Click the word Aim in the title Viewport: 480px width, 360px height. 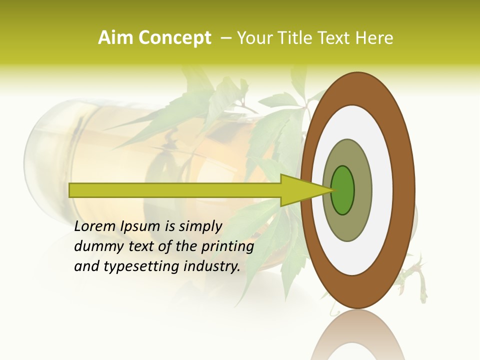click(x=115, y=38)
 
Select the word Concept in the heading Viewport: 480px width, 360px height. click(x=174, y=38)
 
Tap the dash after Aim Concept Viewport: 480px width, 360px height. click(x=225, y=38)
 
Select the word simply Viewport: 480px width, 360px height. click(x=200, y=226)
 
